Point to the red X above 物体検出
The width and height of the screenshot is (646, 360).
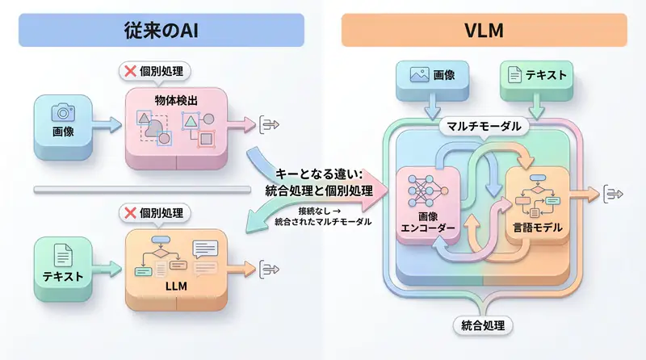[x=128, y=72]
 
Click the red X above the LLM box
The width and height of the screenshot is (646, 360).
[x=128, y=213]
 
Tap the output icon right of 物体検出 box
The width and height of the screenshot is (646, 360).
[x=269, y=123]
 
